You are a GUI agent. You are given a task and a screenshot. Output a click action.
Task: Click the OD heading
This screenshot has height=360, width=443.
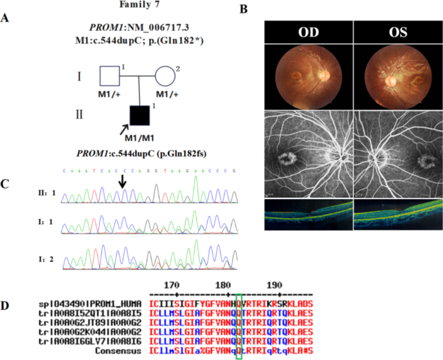pyautogui.click(x=308, y=34)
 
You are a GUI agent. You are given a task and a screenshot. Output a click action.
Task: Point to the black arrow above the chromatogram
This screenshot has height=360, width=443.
pyautogui.click(x=122, y=184)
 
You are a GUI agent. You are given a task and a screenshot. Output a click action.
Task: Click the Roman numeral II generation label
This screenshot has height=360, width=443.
pyautogui.click(x=78, y=117)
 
